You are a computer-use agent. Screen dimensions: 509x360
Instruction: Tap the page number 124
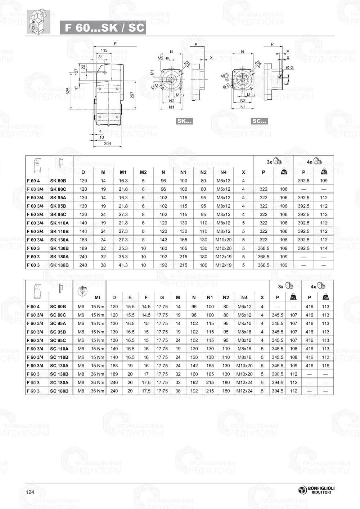(30, 492)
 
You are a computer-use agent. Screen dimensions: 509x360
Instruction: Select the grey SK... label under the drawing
(184, 121)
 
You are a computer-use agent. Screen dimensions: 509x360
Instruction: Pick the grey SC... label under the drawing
(259, 121)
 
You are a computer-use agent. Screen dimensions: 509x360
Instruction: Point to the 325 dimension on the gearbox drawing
(68, 91)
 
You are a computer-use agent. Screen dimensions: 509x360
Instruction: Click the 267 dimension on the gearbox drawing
(132, 95)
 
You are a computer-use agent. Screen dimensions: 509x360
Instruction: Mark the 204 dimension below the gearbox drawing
(107, 144)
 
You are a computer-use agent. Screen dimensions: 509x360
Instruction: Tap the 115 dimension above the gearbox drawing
(104, 50)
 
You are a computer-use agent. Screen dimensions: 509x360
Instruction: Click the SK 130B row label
(59, 248)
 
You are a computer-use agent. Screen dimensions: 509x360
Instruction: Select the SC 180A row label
(59, 382)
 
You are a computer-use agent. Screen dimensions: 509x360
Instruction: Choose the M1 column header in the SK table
(123, 172)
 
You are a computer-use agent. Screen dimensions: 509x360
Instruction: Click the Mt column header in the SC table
(98, 297)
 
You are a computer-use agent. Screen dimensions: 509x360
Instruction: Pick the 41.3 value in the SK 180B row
(123, 265)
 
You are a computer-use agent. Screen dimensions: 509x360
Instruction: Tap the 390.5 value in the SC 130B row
(277, 374)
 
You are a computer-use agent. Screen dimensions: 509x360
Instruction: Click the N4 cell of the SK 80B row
(223, 181)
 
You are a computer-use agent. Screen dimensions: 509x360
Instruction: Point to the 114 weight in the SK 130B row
(324, 248)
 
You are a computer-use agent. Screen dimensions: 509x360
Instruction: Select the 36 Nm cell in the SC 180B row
(98, 391)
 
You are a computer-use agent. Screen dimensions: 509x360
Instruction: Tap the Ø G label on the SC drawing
(289, 67)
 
